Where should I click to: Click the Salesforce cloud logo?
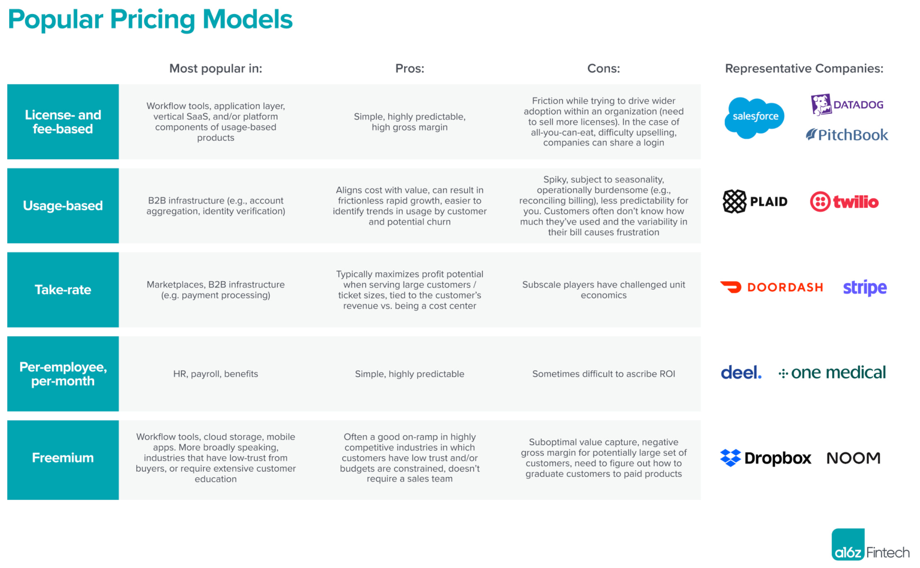tap(755, 118)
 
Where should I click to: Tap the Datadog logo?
tap(847, 104)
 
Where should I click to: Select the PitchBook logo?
tap(847, 135)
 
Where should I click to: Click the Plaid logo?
tap(755, 202)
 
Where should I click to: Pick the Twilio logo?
tap(844, 202)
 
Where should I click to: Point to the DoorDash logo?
tap(772, 287)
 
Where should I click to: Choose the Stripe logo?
tap(865, 287)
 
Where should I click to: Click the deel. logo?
tap(741, 373)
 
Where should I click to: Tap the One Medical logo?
tap(832, 373)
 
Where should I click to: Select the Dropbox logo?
tap(765, 458)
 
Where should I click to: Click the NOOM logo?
tap(853, 458)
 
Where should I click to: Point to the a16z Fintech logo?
tap(870, 545)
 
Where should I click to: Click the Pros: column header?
tap(409, 68)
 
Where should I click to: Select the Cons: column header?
tap(603, 68)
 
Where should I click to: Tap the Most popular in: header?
tap(215, 68)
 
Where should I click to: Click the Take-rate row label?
tap(63, 290)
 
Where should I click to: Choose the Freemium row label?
tap(63, 458)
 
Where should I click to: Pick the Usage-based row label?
tap(63, 206)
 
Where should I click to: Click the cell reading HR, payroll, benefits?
tap(215, 374)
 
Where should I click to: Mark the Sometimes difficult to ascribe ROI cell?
tap(603, 374)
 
